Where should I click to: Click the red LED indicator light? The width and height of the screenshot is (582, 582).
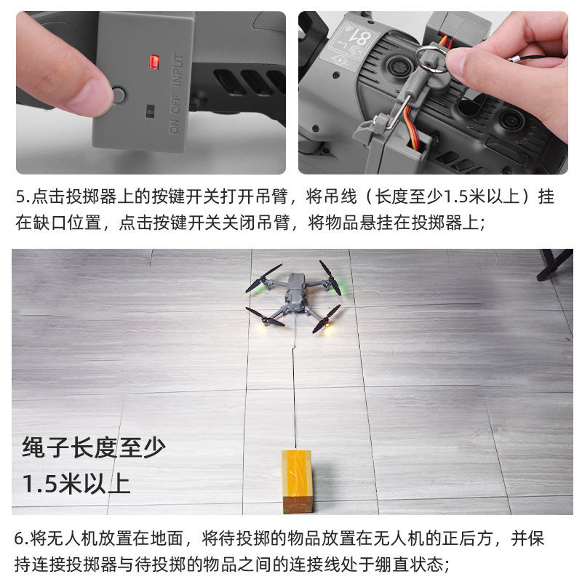154,63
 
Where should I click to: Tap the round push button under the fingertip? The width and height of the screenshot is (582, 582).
119,95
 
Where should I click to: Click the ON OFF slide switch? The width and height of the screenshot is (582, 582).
150,111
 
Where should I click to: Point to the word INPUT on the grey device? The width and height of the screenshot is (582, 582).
178,70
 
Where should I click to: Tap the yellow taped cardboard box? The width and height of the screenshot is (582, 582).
297,481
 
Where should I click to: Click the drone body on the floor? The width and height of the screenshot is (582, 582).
296,293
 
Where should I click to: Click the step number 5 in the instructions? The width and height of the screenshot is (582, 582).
20,197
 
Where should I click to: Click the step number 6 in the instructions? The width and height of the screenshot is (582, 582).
19,538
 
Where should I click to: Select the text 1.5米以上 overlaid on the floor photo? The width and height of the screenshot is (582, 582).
76,483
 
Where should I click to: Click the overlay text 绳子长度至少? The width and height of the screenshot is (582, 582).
94,447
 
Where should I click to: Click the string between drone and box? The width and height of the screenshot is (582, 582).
295,383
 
